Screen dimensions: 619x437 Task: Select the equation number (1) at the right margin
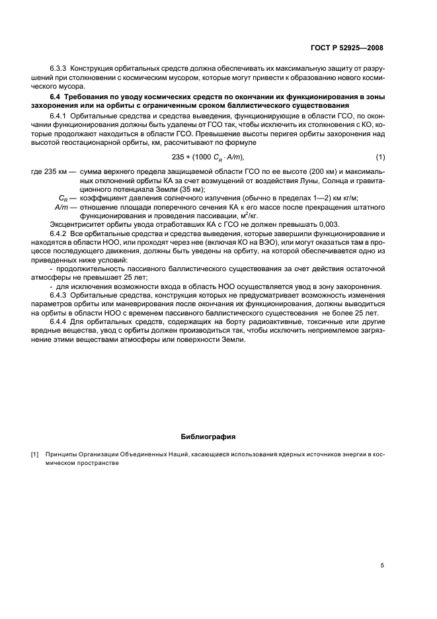[x=379, y=156]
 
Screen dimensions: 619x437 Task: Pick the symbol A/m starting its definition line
[x=63, y=206]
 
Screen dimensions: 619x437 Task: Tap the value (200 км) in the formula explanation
[x=289, y=170]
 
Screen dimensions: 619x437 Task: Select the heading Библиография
[x=208, y=436]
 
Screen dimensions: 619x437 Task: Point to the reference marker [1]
[x=35, y=456]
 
